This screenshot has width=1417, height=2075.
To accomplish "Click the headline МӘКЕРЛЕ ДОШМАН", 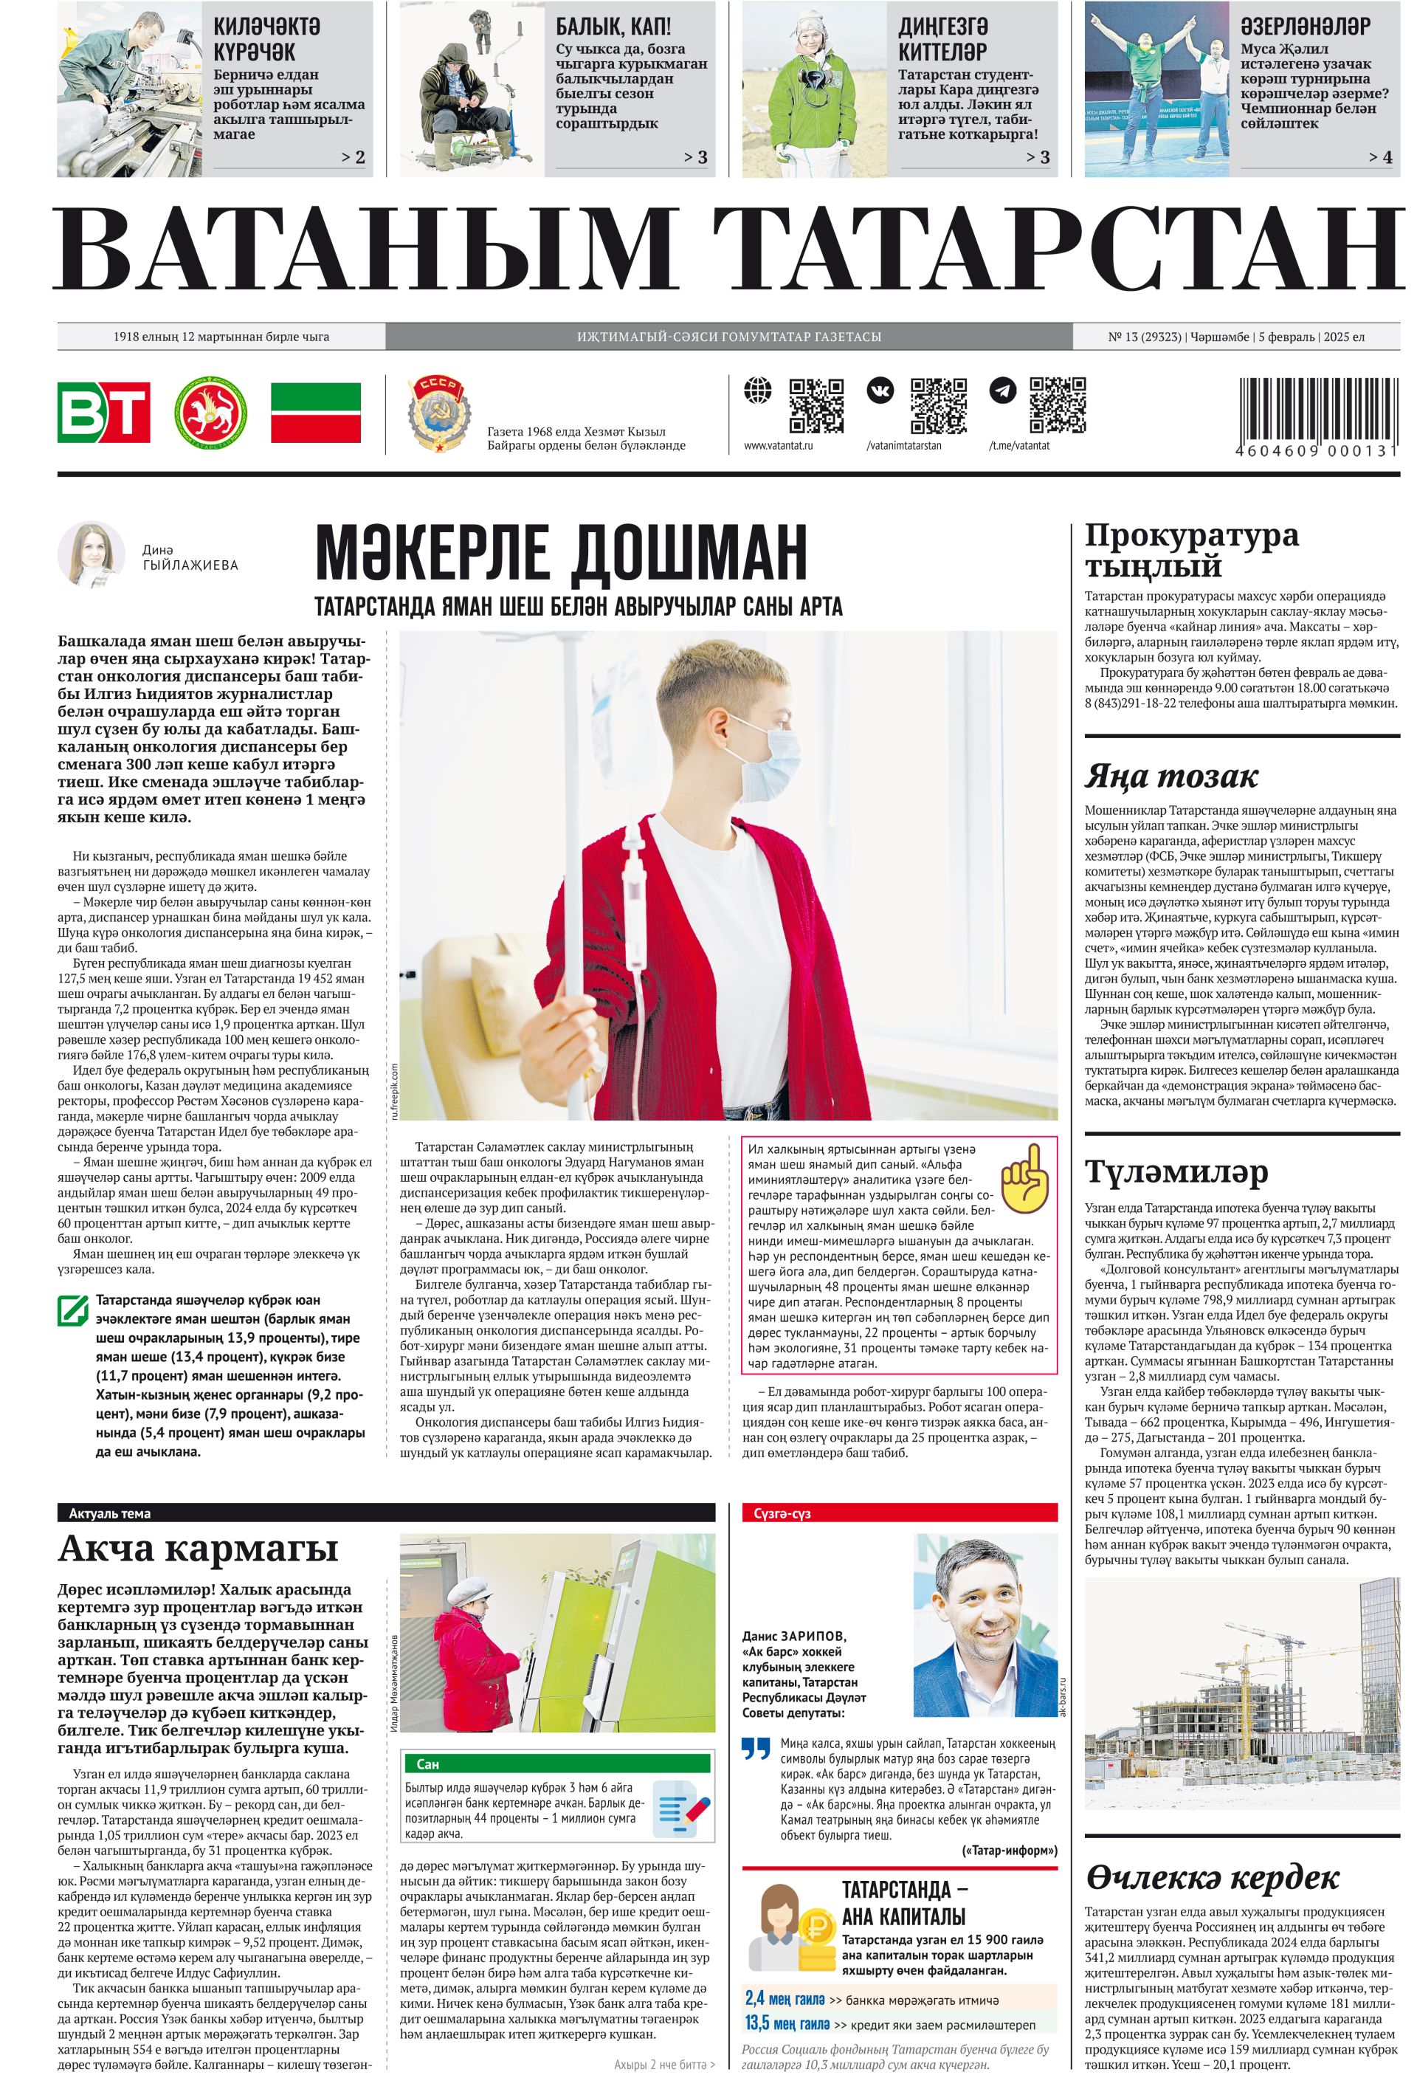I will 561,552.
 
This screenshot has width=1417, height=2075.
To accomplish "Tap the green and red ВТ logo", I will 103,412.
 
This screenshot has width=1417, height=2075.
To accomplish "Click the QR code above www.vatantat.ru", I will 816,405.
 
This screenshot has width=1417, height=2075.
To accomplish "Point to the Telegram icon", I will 1003,390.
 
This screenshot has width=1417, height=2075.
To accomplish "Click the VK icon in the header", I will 880,390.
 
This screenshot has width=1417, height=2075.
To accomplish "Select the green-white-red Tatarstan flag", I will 315,412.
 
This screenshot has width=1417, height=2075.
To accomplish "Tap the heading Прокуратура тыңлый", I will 1191,550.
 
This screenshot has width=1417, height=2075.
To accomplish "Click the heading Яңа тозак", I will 1171,776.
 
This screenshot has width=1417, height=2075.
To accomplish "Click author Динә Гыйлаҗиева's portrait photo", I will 91,554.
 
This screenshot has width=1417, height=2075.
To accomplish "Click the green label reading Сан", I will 428,1764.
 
